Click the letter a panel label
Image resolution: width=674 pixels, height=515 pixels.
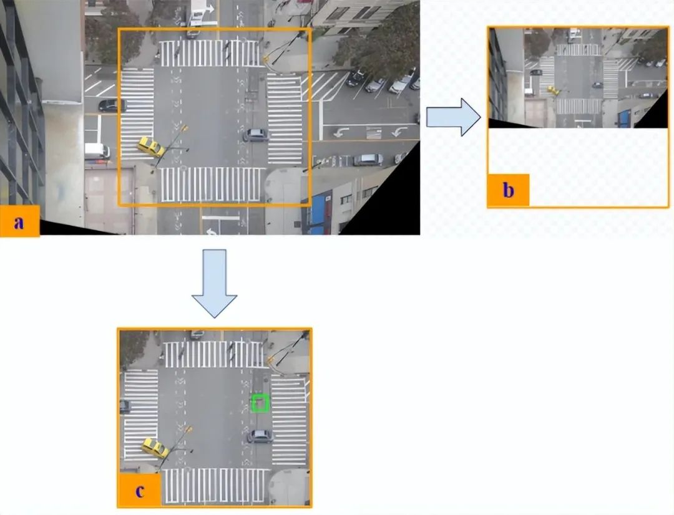pos(19,222)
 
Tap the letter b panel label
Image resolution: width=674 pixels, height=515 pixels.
pos(508,190)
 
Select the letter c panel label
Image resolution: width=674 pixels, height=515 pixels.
pos(139,491)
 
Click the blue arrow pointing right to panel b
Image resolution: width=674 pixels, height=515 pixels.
pos(454,117)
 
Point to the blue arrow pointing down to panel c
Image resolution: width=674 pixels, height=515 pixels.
pos(214,284)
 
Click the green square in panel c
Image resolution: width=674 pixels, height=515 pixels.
pos(260,403)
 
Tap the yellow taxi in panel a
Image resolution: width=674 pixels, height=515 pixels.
pos(151,147)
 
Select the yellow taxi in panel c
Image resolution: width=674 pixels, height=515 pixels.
pos(155,448)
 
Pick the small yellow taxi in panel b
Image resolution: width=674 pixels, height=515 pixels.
pos(553,90)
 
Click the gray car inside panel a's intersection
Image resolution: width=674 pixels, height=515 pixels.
pos(256,135)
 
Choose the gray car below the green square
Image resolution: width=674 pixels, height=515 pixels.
pos(260,436)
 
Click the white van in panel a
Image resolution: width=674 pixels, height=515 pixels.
pos(97,151)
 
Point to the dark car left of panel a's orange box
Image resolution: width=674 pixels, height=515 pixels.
pos(112,105)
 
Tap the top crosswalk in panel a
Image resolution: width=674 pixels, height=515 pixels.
pos(209,53)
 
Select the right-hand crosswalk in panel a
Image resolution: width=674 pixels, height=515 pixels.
pos(285,118)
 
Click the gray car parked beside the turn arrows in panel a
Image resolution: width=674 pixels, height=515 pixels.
pos(368,160)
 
